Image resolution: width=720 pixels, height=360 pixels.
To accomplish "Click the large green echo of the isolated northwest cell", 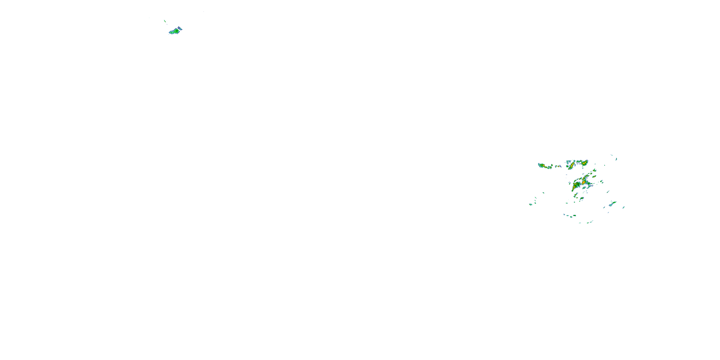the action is point(175,31).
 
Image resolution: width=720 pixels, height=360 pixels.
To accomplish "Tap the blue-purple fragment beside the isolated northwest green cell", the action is point(180,28).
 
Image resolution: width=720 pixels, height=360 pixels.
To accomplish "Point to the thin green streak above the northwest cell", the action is point(165,21).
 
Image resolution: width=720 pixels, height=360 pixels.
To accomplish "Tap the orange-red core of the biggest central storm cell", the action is point(584,182).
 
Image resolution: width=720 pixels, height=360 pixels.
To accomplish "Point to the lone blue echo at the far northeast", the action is point(616,159).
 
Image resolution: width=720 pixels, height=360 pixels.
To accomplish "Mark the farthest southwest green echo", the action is point(530,204).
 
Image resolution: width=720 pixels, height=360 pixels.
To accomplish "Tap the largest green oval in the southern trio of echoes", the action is point(574,216).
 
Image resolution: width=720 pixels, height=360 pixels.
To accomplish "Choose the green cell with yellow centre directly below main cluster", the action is point(582,199).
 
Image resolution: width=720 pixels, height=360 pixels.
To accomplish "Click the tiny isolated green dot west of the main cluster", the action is point(544,192).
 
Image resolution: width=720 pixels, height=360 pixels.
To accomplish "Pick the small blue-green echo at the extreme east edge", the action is point(624,207).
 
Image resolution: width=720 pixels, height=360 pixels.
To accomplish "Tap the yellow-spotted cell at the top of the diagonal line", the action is point(594,170).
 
